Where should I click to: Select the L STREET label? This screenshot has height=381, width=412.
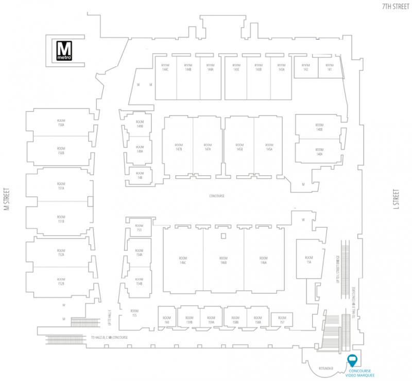click(x=396, y=199)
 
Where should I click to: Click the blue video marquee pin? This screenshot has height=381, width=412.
click(x=353, y=360)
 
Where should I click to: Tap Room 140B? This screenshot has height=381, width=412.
click(x=319, y=127)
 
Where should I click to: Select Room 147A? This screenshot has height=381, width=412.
click(x=208, y=147)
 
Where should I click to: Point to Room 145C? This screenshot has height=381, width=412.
click(x=239, y=147)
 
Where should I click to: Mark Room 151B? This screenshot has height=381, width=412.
click(x=61, y=219)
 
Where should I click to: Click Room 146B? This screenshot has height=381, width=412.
click(x=223, y=260)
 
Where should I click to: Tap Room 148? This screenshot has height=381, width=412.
click(x=140, y=174)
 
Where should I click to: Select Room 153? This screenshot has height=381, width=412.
click(x=139, y=227)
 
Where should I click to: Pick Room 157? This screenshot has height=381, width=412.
click(x=282, y=320)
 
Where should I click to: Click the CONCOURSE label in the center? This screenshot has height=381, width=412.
click(x=217, y=196)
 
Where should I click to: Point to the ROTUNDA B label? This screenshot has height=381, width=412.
click(x=326, y=368)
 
